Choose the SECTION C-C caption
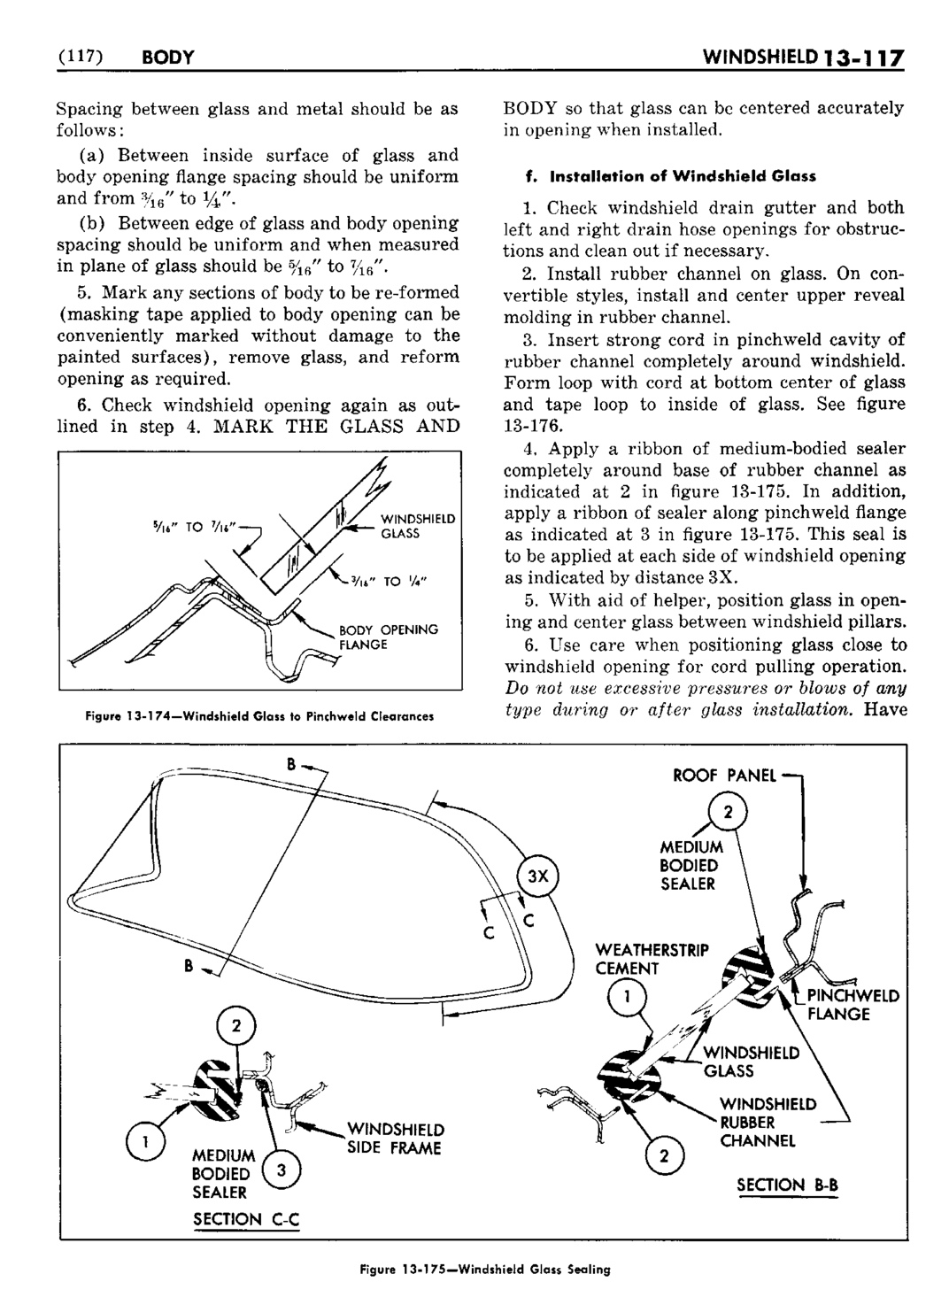coord(246,1219)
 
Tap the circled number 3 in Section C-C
coord(281,1171)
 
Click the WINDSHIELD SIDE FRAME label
coord(395,1139)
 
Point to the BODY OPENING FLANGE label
coord(389,637)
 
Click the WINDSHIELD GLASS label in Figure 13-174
coord(418,526)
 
